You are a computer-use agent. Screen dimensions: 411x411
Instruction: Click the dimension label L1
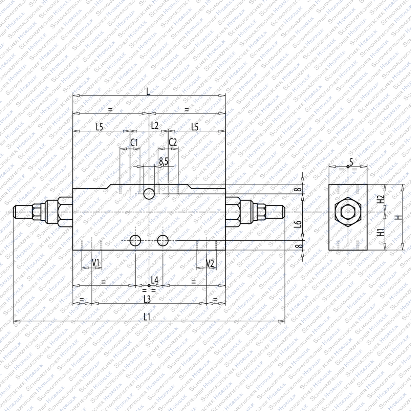[x=147, y=317]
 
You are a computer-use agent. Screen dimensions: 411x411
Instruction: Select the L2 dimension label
[x=154, y=126]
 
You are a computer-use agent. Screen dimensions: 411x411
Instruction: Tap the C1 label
[x=134, y=143]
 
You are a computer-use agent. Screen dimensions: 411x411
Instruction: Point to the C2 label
[x=173, y=142]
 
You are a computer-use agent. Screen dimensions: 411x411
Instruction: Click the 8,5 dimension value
[x=164, y=161]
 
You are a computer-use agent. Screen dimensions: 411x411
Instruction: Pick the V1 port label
[x=96, y=262]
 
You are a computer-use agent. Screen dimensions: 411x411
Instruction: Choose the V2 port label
[x=210, y=263]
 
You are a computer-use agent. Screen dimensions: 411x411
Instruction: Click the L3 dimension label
[x=147, y=299]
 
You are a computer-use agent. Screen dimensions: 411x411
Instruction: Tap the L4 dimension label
[x=155, y=280]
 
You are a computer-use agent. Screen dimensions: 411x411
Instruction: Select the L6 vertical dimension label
[x=297, y=224]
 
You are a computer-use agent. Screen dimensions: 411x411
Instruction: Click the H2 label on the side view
[x=381, y=199]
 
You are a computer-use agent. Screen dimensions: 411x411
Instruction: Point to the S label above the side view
[x=351, y=162]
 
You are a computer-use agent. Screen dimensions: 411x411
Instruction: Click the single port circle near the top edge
[x=149, y=194]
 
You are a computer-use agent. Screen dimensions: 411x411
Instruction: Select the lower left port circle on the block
[x=135, y=241]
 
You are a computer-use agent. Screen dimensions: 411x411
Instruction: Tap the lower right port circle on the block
[x=163, y=241]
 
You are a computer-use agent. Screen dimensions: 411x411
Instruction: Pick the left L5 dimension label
[x=99, y=127]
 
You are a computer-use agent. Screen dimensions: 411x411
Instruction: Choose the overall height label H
[x=400, y=217]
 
